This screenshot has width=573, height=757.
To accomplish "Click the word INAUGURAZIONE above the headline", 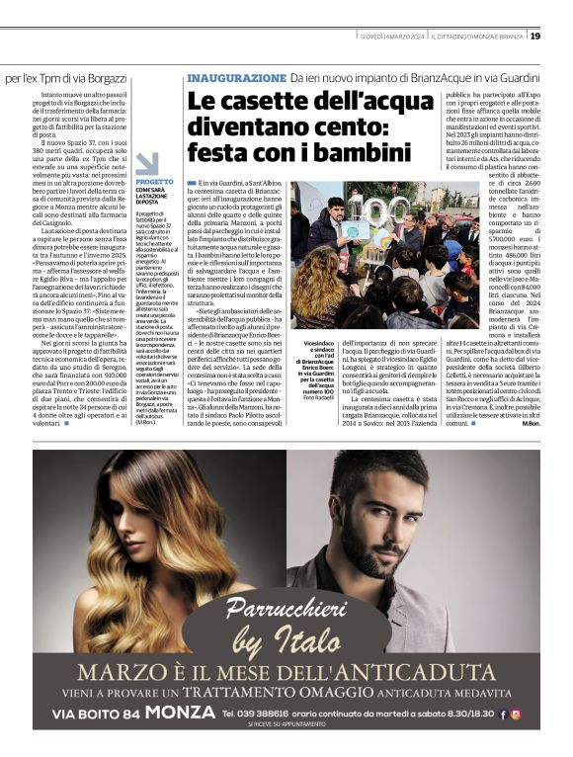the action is tap(236, 77).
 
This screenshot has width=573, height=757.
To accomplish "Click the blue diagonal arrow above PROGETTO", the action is tap(146, 163).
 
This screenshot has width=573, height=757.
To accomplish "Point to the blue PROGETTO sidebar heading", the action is tap(154, 182).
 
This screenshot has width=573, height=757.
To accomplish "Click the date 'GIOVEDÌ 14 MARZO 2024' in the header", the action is tap(393, 37).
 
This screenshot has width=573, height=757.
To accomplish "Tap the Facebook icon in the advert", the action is tap(501, 714).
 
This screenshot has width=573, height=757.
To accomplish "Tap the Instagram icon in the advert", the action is tap(515, 714).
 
